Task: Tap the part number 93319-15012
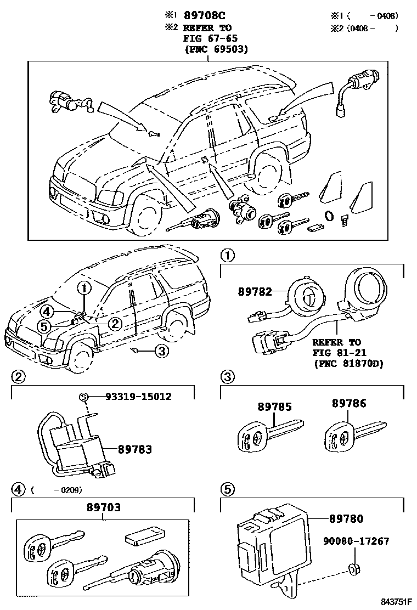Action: [131, 397]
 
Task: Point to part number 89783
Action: [134, 449]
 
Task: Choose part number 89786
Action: [348, 403]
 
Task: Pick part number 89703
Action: [103, 508]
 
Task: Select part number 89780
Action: [346, 518]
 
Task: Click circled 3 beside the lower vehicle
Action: [160, 352]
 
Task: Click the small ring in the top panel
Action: [329, 216]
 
